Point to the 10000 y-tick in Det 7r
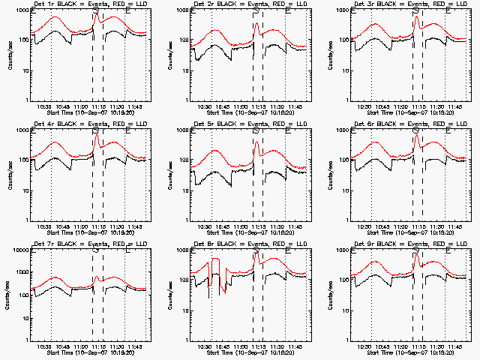click(x=19, y=251)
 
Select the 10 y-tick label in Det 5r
click(x=184, y=190)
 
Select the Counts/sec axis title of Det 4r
click(x=8, y=174)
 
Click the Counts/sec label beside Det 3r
click(x=328, y=54)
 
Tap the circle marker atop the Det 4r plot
click(x=96, y=130)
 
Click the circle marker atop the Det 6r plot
click(x=415, y=130)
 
